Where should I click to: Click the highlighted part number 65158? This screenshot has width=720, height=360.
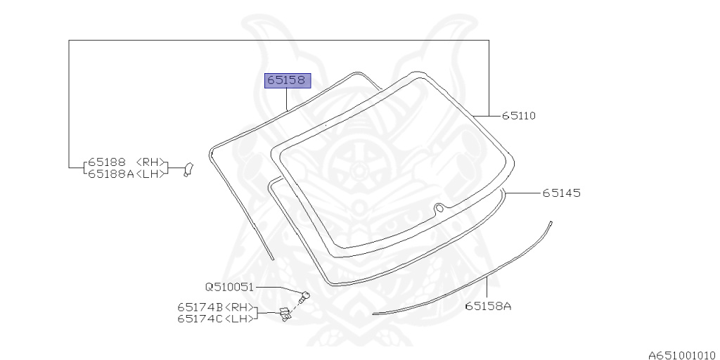(286, 81)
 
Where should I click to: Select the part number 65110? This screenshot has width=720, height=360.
(518, 116)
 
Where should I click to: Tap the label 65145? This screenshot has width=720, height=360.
(562, 193)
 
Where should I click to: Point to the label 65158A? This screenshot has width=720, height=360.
(488, 306)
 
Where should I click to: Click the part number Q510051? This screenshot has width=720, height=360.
(229, 288)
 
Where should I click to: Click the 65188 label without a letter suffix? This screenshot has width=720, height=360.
(107, 162)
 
